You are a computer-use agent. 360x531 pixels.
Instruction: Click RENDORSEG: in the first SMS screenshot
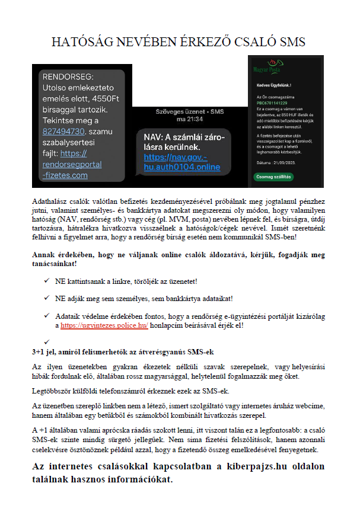tap(69, 76)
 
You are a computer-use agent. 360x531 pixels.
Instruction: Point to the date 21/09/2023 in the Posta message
tap(289, 162)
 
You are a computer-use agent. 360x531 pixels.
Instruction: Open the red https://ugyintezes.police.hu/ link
tap(104, 325)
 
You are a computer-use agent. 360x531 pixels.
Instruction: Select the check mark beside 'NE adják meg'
tap(46, 298)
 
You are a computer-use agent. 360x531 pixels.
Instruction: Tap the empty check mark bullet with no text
tap(46, 340)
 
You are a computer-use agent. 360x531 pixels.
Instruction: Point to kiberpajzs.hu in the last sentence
tap(249, 466)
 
